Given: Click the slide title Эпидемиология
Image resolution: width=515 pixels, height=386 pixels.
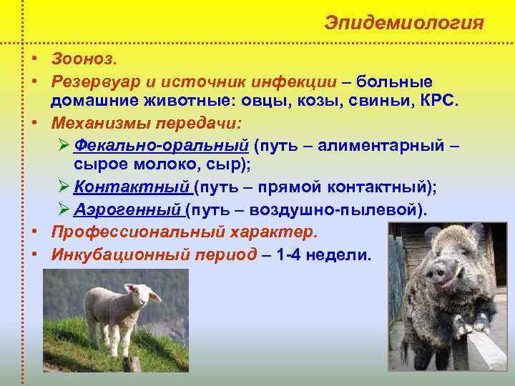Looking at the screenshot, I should [404, 22].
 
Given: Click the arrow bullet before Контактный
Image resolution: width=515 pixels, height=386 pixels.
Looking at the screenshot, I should [62, 188].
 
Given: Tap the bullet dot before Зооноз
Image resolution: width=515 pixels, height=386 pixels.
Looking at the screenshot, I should [34, 56].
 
